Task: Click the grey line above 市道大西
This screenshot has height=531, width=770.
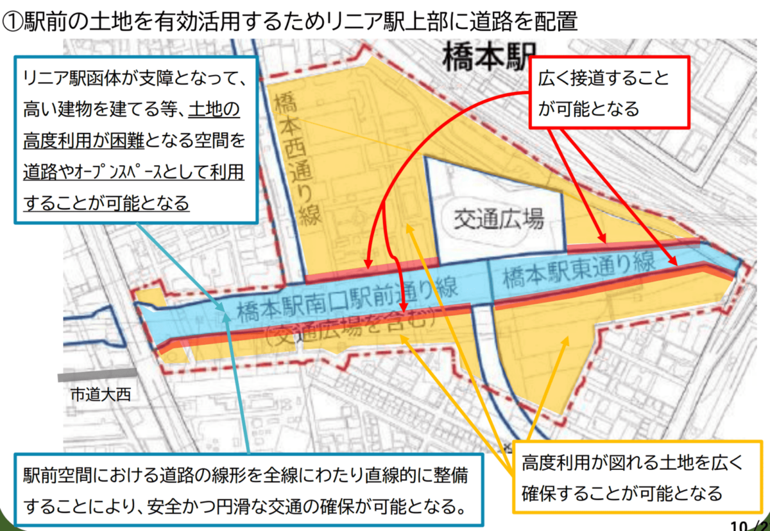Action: coord(96,374)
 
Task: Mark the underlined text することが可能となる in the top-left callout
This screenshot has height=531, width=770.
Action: coord(106,203)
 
